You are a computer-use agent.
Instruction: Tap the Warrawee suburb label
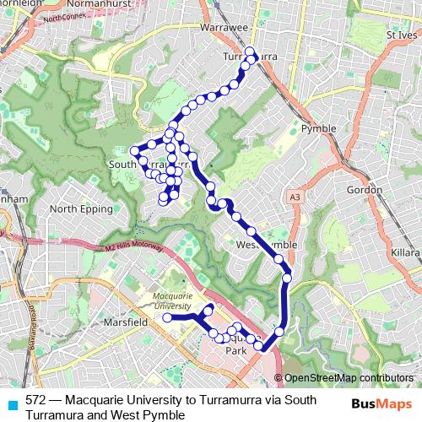221,28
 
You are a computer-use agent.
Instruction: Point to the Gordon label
365,190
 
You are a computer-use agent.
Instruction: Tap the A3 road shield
294,197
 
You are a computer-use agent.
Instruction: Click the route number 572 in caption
36,400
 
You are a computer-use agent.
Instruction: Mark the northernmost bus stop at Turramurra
250,51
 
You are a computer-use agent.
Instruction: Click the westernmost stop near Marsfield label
167,318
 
